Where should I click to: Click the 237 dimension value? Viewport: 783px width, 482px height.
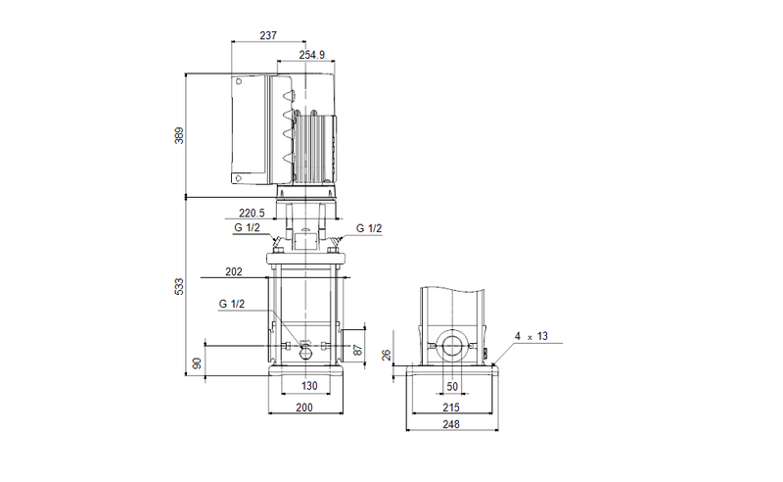[x=268, y=35]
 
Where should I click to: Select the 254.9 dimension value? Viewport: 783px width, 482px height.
[x=312, y=55]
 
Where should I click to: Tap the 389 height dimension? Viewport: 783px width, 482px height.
[x=179, y=135]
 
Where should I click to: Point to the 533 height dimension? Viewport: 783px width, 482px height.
[x=179, y=286]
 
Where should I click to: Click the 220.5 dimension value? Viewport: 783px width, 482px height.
[x=252, y=214]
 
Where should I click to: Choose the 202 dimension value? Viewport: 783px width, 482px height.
[x=234, y=271]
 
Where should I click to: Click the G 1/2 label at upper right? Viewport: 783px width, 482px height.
[x=369, y=228]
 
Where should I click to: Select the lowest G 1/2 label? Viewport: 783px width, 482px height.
[x=232, y=304]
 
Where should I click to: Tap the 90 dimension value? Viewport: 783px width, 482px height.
[x=198, y=363]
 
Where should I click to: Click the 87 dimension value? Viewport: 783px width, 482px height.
[x=358, y=350]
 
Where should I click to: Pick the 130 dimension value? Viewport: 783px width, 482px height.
[x=309, y=386]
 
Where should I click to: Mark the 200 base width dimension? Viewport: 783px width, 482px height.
[x=304, y=408]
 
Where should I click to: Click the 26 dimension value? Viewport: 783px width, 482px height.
[x=387, y=356]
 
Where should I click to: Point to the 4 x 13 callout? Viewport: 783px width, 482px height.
[x=531, y=336]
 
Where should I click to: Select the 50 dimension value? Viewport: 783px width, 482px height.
[x=452, y=387]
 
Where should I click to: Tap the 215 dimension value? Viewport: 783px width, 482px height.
[x=451, y=408]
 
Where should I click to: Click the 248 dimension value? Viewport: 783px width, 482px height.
[x=451, y=424]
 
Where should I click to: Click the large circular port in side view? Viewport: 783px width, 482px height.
[x=452, y=346]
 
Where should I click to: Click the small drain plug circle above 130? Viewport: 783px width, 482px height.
[x=305, y=354]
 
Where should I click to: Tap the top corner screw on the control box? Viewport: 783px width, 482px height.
[x=239, y=81]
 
